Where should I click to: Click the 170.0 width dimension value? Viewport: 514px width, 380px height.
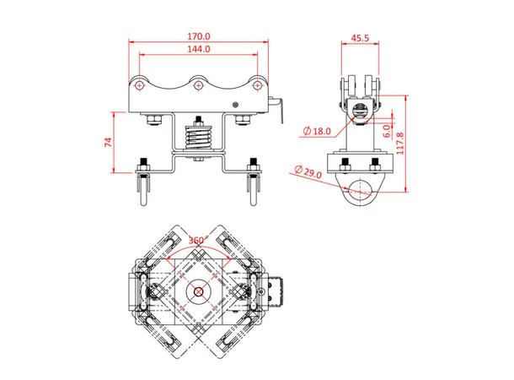198,37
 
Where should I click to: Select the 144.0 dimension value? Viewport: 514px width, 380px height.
198,51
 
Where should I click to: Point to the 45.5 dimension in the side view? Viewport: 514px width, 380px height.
360,38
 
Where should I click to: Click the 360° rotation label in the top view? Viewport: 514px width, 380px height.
200,240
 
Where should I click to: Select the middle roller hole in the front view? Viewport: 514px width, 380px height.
199,84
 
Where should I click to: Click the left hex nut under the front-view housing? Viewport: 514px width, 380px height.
153,122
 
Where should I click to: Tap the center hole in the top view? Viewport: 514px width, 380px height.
198,293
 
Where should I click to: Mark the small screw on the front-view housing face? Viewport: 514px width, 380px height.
237,105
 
